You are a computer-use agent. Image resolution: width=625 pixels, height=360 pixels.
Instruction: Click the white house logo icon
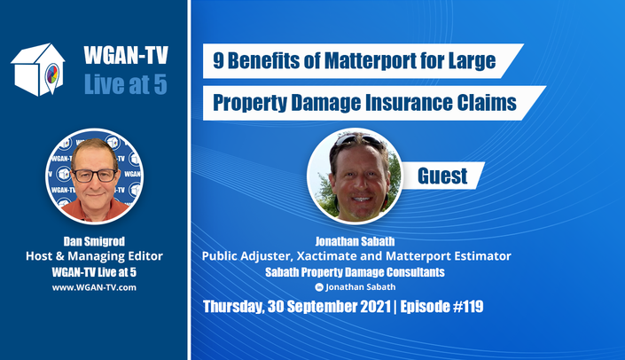click(38, 69)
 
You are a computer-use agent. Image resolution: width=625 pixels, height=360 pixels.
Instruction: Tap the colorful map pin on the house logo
click(52, 76)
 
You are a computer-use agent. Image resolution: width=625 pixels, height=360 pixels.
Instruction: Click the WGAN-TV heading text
click(126, 55)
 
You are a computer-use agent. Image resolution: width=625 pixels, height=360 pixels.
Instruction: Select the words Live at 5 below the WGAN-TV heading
click(126, 84)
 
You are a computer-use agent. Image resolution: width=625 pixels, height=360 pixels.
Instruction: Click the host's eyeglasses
click(95, 176)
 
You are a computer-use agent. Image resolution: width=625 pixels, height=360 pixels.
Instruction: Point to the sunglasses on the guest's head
click(357, 139)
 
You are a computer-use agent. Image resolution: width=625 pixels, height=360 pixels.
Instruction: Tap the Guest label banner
click(442, 176)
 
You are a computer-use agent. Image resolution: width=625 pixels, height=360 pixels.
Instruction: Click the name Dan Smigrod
click(94, 241)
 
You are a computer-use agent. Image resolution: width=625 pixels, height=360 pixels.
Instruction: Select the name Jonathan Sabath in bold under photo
click(355, 241)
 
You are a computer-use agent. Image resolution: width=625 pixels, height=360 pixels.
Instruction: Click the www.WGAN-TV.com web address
click(94, 287)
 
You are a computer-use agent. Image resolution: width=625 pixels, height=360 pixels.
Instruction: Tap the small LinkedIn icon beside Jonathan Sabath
click(319, 287)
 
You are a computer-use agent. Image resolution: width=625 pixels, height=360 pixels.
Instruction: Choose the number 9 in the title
click(218, 61)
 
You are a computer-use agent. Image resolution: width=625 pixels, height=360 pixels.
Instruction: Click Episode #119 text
click(441, 307)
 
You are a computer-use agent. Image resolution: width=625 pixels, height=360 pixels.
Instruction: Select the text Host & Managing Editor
click(94, 256)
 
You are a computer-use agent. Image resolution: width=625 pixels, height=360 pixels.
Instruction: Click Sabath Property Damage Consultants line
click(355, 272)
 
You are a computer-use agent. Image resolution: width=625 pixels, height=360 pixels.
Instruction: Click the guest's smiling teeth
click(362, 199)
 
